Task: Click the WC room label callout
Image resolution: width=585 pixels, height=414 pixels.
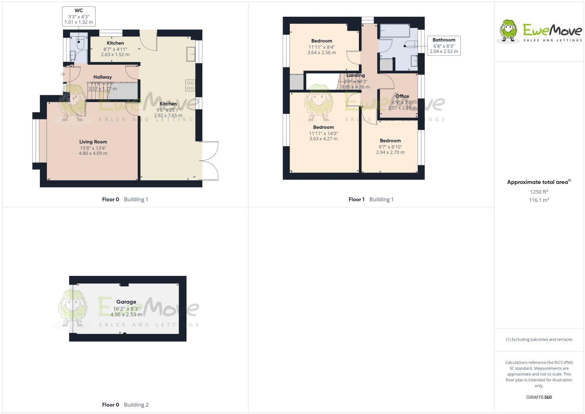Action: (78, 16)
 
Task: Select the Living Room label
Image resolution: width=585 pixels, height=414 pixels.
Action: (93, 142)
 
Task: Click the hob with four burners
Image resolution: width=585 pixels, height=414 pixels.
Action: (190, 85)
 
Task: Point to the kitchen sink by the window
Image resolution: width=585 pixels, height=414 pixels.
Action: (191, 54)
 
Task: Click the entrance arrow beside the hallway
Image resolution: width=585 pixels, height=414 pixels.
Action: (62, 74)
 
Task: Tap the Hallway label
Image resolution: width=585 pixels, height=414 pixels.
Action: (102, 77)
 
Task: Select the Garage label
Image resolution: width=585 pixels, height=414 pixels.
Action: (126, 302)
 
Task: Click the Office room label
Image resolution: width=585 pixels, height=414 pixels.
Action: (402, 96)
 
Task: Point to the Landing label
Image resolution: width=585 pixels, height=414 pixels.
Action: (355, 75)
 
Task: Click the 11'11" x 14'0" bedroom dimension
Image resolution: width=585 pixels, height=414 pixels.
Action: (323, 133)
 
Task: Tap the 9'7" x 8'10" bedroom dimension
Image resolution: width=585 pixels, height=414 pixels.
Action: (390, 147)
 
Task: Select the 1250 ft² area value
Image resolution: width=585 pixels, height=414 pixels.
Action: (539, 192)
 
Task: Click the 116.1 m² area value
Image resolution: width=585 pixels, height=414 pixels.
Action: (539, 200)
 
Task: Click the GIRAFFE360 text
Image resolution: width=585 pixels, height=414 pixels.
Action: (539, 397)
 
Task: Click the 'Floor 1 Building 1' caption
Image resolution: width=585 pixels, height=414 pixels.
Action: (371, 199)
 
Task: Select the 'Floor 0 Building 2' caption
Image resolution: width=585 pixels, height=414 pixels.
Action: (125, 405)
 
